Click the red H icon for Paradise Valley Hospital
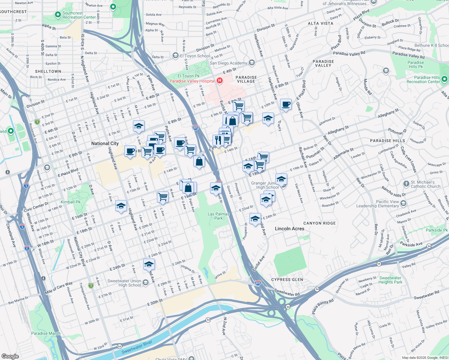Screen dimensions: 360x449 pos(220,81)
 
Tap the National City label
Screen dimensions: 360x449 pos(105,143)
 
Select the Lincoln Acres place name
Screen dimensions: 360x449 pos(289,229)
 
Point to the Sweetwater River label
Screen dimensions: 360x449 pos(137,347)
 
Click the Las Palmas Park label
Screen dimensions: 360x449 pos(218,216)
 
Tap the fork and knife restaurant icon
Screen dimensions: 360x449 pos(218,140)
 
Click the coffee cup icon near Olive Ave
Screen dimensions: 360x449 pos(286,104)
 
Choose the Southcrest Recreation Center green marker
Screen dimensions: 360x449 pos(58,15)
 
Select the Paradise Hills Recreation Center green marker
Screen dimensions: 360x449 pos(444,79)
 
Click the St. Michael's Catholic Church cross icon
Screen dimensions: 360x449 pos(406,184)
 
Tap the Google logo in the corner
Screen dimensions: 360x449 pos(10,356)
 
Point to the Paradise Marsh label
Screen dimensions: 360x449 pos(46,333)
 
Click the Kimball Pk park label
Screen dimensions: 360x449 pos(71,202)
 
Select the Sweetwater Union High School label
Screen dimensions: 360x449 pos(124,283)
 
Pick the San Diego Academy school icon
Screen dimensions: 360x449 pos(252,63)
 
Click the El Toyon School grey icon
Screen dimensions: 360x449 pos(175,56)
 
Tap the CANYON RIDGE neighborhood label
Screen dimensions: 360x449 pos(319,223)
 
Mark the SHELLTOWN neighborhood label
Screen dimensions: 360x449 pos(48,71)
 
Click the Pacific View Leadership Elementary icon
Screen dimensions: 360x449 pos(404,203)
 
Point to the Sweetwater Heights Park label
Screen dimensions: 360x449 pos(390,280)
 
